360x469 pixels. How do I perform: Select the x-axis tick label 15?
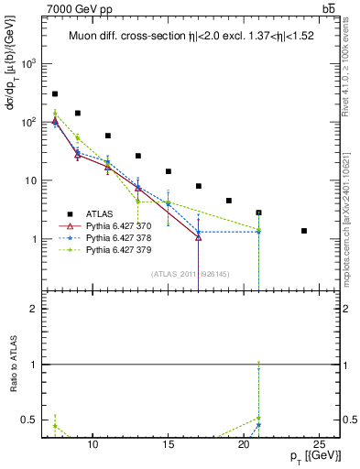coord(168,443)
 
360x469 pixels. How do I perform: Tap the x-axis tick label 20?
coord(243,443)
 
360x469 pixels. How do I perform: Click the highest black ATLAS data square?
coord(55,93)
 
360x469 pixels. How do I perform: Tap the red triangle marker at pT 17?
coord(199,238)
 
